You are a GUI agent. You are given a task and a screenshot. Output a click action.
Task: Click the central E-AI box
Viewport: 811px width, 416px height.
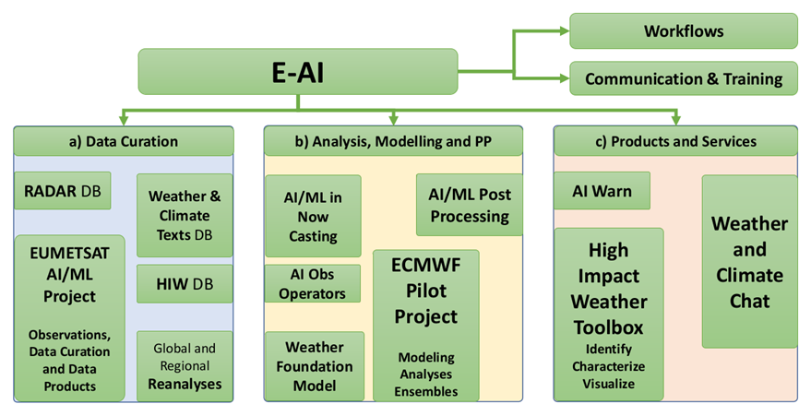(x=297, y=71)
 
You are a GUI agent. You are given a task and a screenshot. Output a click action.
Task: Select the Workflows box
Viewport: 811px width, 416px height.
(x=683, y=30)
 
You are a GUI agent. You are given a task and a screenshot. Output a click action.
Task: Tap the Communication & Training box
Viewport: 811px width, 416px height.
(x=683, y=78)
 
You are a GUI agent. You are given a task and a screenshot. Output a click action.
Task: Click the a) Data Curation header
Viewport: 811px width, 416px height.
(x=123, y=141)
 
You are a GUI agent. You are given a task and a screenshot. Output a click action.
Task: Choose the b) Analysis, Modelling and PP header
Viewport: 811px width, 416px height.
(x=393, y=141)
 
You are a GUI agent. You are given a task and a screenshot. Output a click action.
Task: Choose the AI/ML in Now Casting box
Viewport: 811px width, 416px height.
(x=313, y=216)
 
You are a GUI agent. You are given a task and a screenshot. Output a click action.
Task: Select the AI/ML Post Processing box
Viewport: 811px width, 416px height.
(x=470, y=204)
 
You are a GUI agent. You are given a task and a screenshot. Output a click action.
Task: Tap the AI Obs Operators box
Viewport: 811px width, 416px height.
(x=313, y=284)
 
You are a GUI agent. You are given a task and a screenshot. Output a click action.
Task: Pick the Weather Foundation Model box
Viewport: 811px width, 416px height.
(x=314, y=365)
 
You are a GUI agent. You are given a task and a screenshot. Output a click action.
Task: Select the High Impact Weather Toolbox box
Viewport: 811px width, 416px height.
(x=609, y=314)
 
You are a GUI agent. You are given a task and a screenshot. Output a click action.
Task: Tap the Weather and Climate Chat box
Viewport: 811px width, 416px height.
(x=749, y=261)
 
